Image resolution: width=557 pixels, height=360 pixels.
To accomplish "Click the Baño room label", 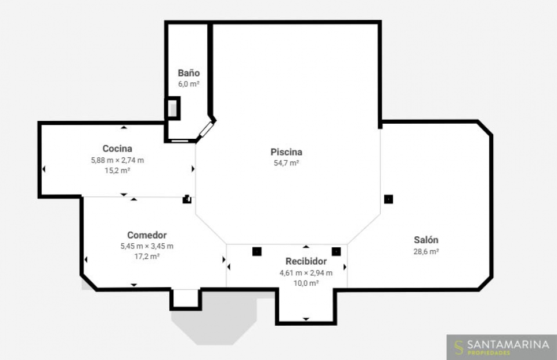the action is click(x=189, y=73).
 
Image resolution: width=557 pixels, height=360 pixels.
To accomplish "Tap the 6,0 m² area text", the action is click(x=189, y=84).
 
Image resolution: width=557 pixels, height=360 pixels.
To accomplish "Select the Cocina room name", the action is click(x=117, y=148).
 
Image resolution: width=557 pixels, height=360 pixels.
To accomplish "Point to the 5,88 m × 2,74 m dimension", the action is click(x=117, y=160).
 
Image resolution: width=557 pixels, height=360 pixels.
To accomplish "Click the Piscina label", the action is click(x=286, y=152).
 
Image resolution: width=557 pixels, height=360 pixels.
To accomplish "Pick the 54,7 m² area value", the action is click(x=286, y=163).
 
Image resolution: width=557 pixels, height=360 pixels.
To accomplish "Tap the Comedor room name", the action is click(x=147, y=235).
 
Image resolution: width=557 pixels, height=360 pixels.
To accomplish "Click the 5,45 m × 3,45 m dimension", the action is click(x=147, y=246).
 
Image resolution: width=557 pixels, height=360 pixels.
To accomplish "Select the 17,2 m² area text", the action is click(x=147, y=256).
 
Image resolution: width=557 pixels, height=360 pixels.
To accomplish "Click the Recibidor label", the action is click(x=306, y=261).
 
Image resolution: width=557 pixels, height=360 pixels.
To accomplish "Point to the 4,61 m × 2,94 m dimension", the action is click(x=306, y=273).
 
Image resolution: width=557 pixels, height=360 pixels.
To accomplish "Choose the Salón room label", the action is click(x=426, y=240).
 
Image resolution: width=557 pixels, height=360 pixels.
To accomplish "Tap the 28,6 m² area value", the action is click(x=426, y=251).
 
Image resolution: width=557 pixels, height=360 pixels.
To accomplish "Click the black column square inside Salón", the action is click(x=389, y=199).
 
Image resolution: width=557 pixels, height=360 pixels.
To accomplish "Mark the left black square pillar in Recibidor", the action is click(x=257, y=251).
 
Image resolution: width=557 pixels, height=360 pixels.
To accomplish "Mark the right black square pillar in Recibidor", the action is click(x=336, y=251).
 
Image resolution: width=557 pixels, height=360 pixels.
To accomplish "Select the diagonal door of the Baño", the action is click(x=207, y=129).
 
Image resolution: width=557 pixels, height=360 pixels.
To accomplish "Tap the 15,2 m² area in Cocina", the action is click(x=117, y=170).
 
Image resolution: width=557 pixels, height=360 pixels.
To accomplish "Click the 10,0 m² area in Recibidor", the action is click(x=306, y=283).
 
